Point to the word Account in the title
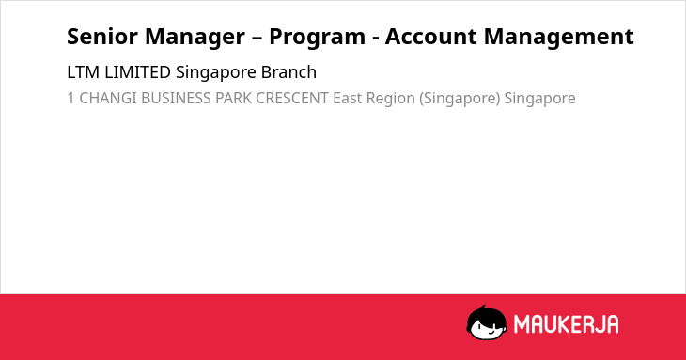click(430, 37)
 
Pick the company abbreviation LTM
click(83, 72)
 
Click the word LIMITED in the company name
click(137, 72)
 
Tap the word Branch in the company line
click(288, 72)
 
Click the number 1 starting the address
click(70, 99)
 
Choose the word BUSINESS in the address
click(176, 99)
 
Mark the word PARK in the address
click(233, 99)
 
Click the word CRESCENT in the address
click(292, 99)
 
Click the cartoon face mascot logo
click(487, 322)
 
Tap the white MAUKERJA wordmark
click(566, 324)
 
